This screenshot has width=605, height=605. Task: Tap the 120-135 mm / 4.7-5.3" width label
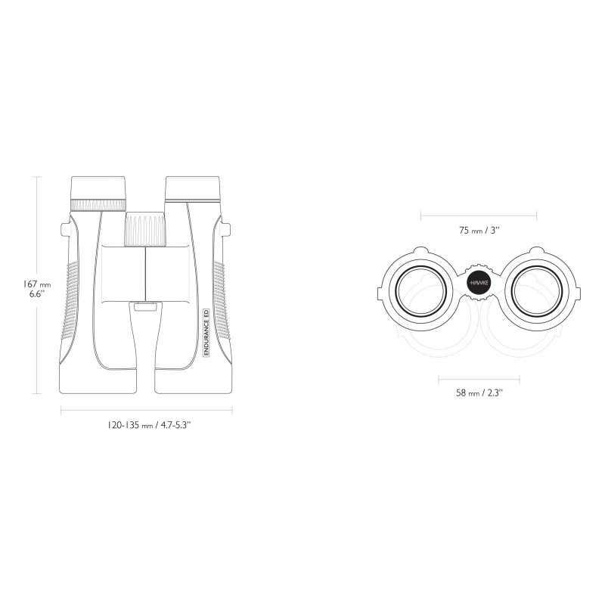[x=149, y=425]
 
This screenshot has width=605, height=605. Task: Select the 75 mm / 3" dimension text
[x=479, y=231]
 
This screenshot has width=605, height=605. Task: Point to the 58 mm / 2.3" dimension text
[x=479, y=393]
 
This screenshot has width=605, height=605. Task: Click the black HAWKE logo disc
[x=479, y=283]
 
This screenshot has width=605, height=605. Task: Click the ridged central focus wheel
[x=145, y=229]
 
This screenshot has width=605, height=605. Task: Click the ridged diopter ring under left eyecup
[x=98, y=205]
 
